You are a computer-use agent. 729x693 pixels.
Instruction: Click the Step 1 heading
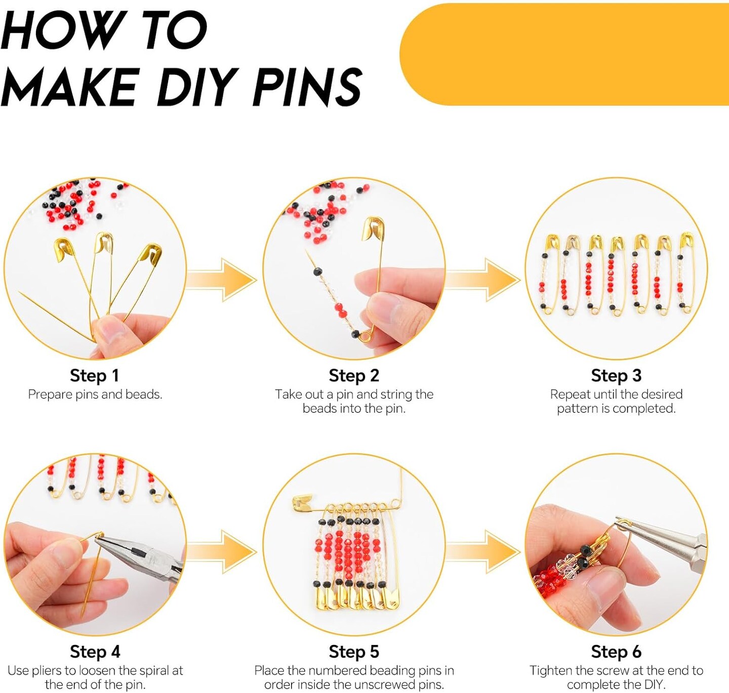click(95, 376)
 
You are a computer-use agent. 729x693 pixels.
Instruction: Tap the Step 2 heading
click(354, 376)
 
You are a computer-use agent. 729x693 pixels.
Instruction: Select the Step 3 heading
click(616, 376)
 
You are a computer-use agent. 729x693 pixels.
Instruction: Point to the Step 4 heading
click(95, 652)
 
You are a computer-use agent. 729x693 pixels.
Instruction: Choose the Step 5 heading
click(354, 652)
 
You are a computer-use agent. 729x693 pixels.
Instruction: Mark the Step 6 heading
click(616, 652)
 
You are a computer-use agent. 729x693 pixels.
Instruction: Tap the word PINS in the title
click(307, 86)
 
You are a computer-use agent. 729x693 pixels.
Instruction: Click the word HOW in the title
click(63, 30)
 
